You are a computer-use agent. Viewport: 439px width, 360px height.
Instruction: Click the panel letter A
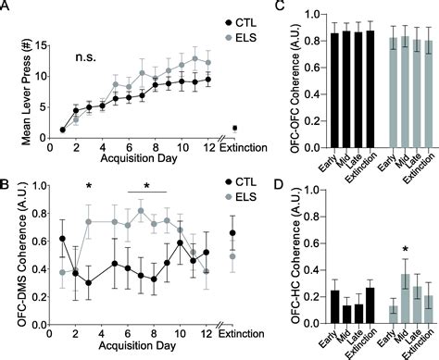(x=7, y=7)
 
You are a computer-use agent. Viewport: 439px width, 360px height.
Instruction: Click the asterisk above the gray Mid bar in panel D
(x=404, y=248)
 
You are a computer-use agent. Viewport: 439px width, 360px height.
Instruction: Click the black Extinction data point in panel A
(x=235, y=128)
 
